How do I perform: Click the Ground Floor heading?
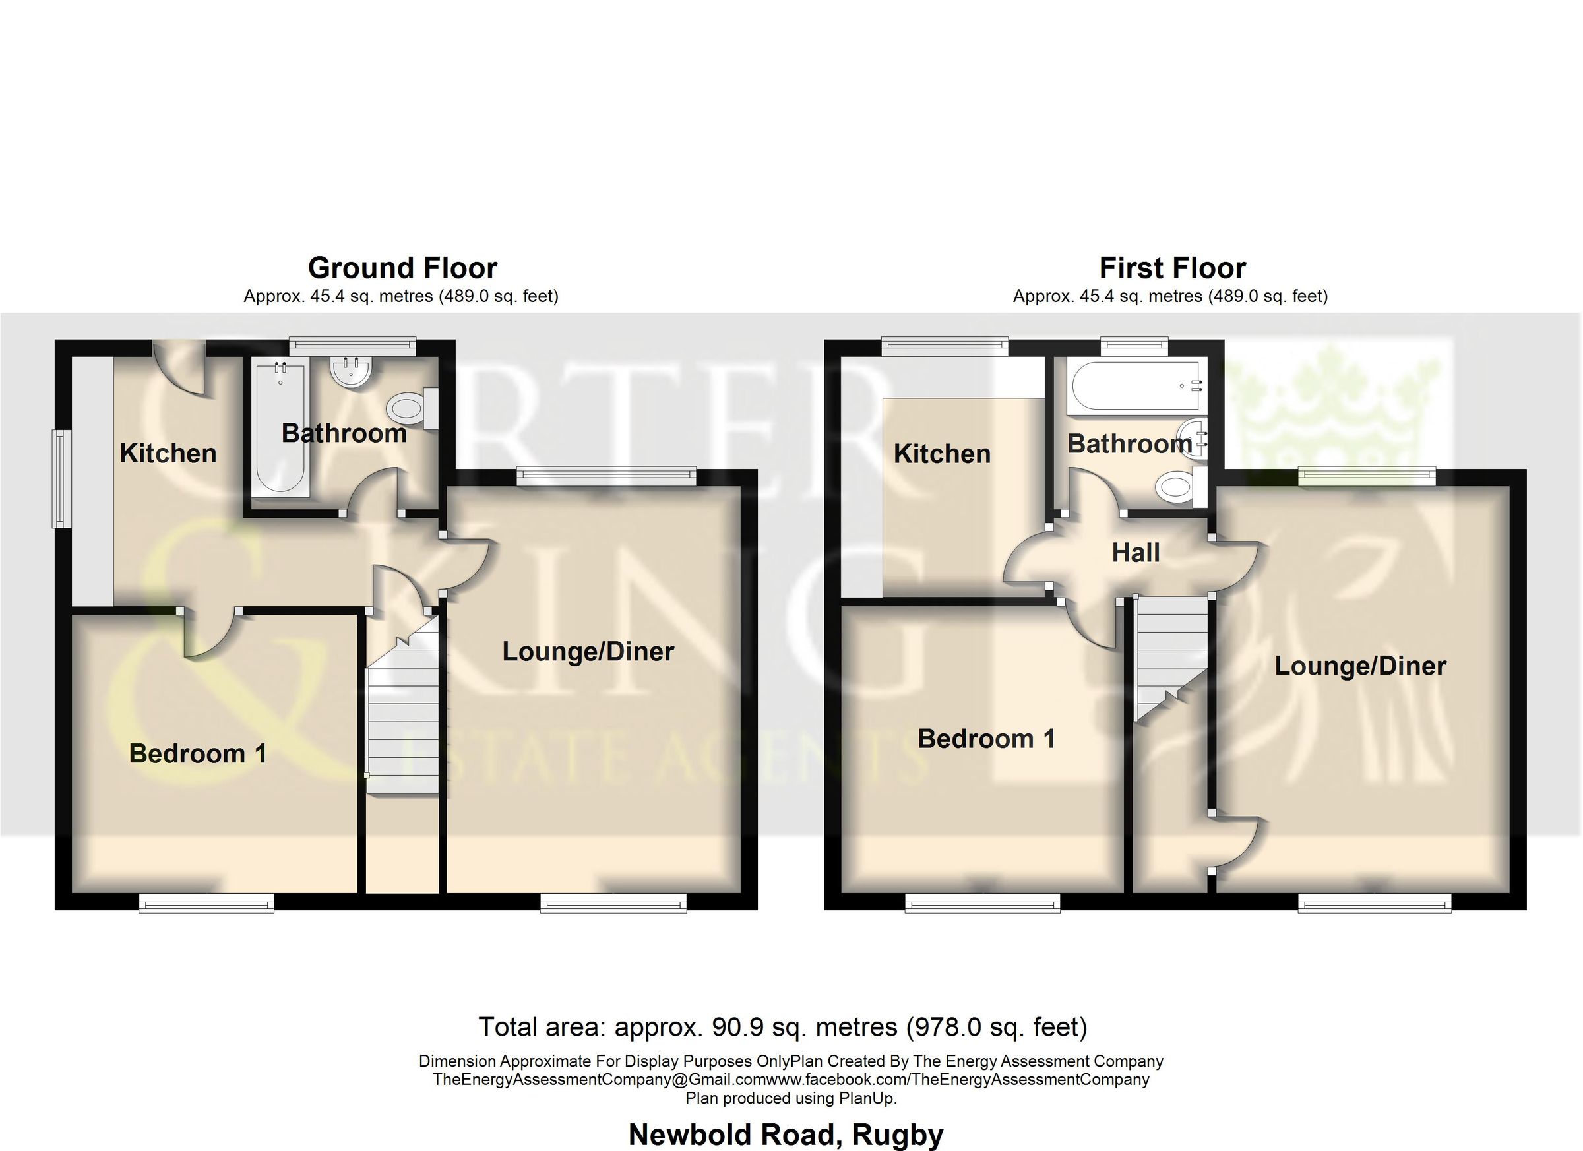pos(402,268)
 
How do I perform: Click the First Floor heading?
pos(1172,268)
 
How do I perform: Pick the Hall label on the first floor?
pos(1136,553)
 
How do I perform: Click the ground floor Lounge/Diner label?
pos(588,652)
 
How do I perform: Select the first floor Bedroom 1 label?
pos(985,739)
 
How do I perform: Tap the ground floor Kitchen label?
pos(168,454)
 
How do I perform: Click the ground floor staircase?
pos(403,719)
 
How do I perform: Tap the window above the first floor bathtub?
pos(1134,344)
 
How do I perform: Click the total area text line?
pos(782,1028)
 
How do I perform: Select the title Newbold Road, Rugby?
pos(786,1135)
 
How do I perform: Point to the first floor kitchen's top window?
pos(945,344)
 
